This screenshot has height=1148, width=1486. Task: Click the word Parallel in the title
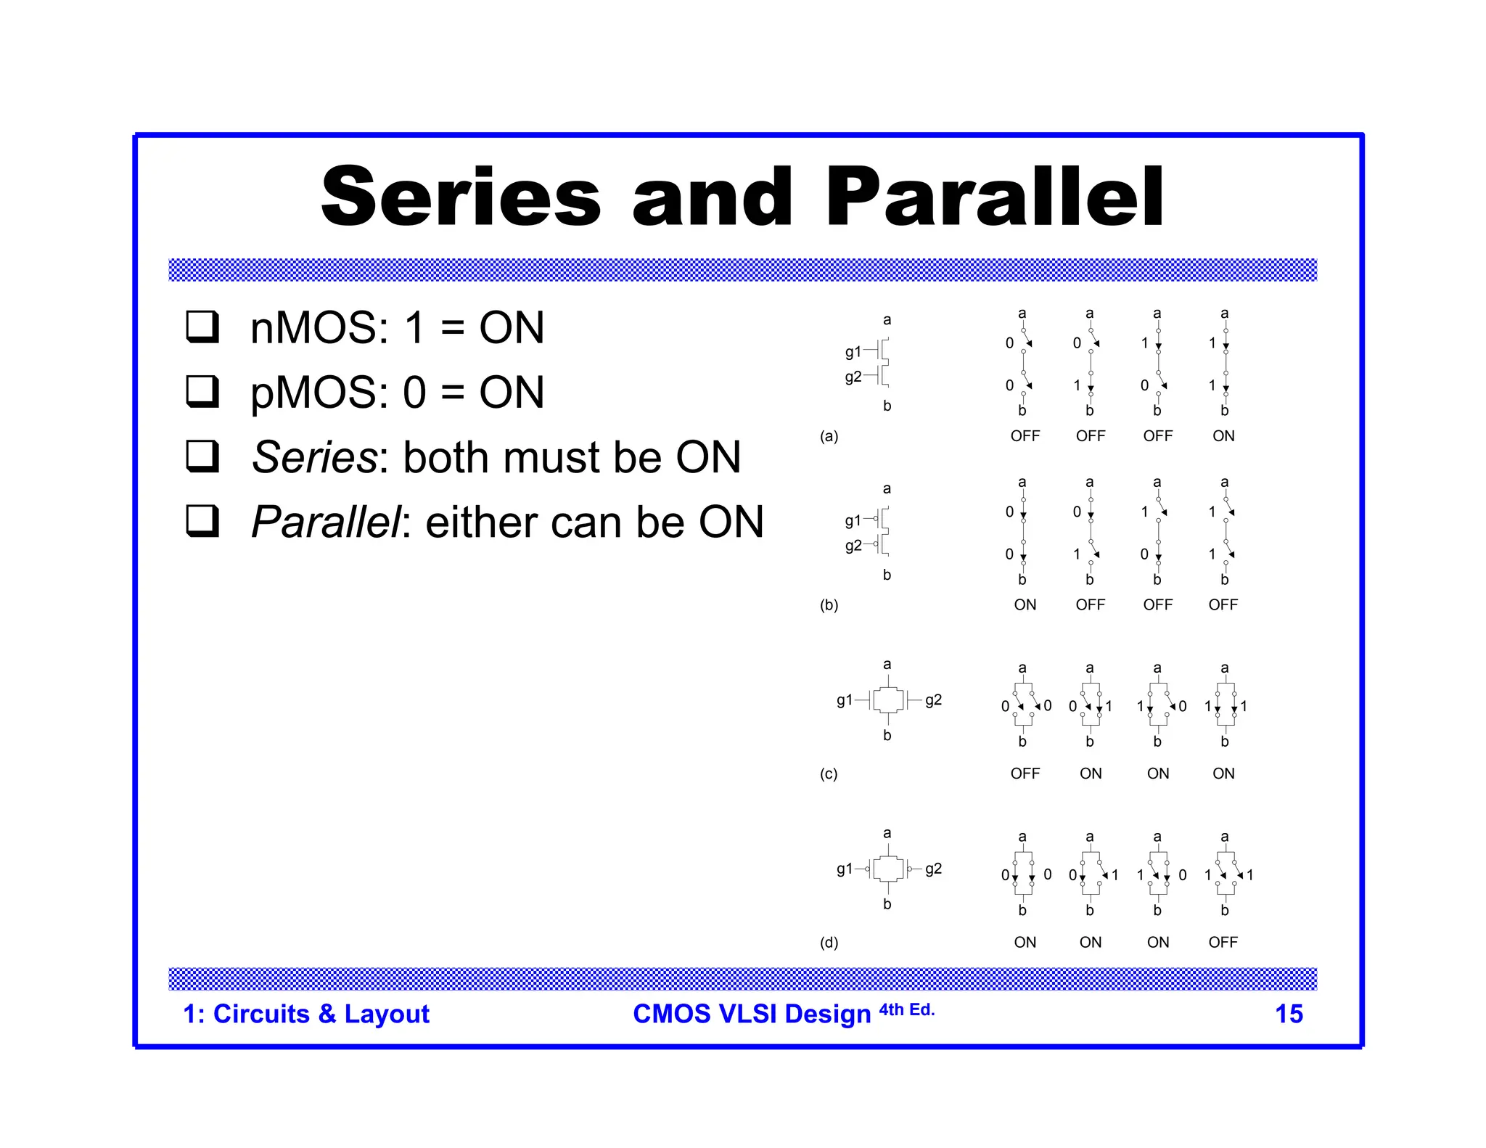[x=993, y=197]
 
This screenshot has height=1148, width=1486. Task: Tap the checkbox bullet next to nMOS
[x=202, y=327]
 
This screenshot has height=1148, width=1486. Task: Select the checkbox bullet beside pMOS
[x=202, y=391]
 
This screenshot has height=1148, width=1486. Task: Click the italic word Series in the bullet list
[x=313, y=457]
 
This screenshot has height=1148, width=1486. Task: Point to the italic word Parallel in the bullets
[x=325, y=522]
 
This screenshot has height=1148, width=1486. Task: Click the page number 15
[x=1288, y=1014]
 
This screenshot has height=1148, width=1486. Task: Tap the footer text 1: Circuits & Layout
[x=305, y=1014]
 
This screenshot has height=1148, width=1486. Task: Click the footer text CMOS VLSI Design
[x=751, y=1014]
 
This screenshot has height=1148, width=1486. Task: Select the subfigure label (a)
[x=829, y=436]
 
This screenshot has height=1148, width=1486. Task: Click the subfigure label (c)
[x=829, y=774]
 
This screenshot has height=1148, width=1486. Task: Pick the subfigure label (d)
[x=829, y=943]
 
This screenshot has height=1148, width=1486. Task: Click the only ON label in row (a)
[x=1223, y=436]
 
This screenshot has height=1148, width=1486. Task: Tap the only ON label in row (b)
[x=1025, y=604]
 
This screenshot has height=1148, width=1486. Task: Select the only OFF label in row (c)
[x=1025, y=774]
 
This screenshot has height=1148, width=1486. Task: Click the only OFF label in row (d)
[x=1223, y=943]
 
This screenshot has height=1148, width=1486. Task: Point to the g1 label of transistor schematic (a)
[x=853, y=352]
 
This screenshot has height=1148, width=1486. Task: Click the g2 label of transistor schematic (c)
[x=933, y=700]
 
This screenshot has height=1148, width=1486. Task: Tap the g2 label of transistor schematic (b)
[x=853, y=546]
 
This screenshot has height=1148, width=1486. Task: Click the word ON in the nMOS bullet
[x=511, y=327]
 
